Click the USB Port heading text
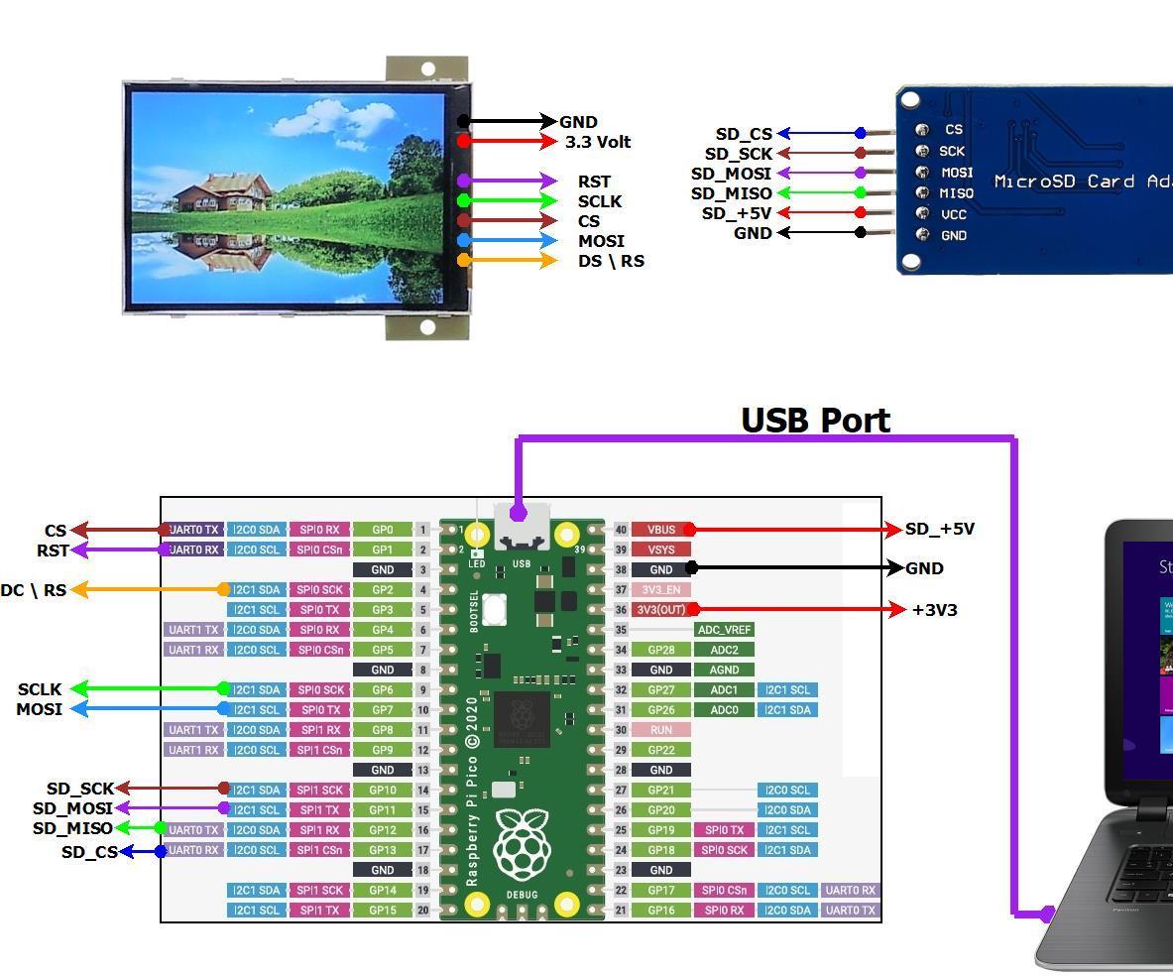click(x=815, y=421)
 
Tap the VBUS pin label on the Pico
click(x=660, y=530)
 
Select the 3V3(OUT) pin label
click(x=660, y=610)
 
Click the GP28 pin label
click(x=660, y=650)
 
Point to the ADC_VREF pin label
click(x=724, y=630)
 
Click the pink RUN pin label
click(x=660, y=730)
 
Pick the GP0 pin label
click(x=382, y=530)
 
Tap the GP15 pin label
click(x=382, y=911)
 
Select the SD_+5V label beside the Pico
click(x=939, y=530)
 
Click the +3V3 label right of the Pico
click(x=934, y=610)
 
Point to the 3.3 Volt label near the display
click(x=597, y=142)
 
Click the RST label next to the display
click(x=594, y=182)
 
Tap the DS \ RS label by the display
click(x=611, y=261)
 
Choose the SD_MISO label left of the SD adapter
click(x=731, y=193)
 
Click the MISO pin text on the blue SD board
click(x=956, y=193)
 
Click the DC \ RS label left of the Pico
click(x=33, y=590)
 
